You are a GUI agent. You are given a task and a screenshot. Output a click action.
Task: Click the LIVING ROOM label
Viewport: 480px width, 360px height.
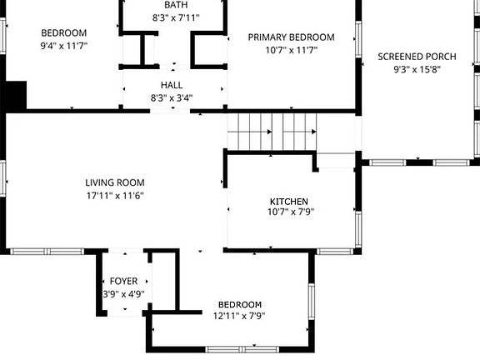pyautogui.click(x=115, y=182)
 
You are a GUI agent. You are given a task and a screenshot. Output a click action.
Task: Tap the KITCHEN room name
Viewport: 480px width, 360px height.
pyautogui.click(x=289, y=202)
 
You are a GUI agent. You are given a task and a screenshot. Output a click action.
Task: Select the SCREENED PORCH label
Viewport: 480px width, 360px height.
pyautogui.click(x=417, y=57)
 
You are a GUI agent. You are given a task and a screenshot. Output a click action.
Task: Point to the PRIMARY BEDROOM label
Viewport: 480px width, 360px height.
pyautogui.click(x=292, y=37)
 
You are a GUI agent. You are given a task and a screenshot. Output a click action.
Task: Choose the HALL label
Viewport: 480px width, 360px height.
pyautogui.click(x=172, y=85)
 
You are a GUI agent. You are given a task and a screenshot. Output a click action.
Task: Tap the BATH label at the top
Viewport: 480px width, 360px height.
pyautogui.click(x=176, y=5)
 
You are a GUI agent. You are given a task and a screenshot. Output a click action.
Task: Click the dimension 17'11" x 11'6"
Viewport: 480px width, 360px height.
pyautogui.click(x=115, y=195)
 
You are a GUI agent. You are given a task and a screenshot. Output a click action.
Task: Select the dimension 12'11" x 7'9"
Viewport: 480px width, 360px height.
pyautogui.click(x=239, y=317)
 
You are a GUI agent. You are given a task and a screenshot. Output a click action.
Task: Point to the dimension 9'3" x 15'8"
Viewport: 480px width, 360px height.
pyautogui.click(x=417, y=69)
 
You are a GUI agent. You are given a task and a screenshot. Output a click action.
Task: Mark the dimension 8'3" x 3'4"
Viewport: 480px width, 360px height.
pyautogui.click(x=172, y=97)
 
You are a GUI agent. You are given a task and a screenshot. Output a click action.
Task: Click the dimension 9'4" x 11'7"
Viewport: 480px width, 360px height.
pyautogui.click(x=63, y=47)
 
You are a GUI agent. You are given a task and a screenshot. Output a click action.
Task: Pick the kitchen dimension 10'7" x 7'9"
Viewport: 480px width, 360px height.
pyautogui.click(x=289, y=212)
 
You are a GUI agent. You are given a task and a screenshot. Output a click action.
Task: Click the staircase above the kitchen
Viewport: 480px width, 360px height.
pyautogui.click(x=272, y=132)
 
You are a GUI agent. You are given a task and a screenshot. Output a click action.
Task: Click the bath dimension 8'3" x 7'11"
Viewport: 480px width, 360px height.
pyautogui.click(x=176, y=17)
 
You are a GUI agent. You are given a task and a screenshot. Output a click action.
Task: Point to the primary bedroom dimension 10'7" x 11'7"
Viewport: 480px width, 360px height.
pyautogui.click(x=292, y=50)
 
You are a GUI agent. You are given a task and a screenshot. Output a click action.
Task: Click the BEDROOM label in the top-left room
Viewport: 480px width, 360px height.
pyautogui.click(x=63, y=34)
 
